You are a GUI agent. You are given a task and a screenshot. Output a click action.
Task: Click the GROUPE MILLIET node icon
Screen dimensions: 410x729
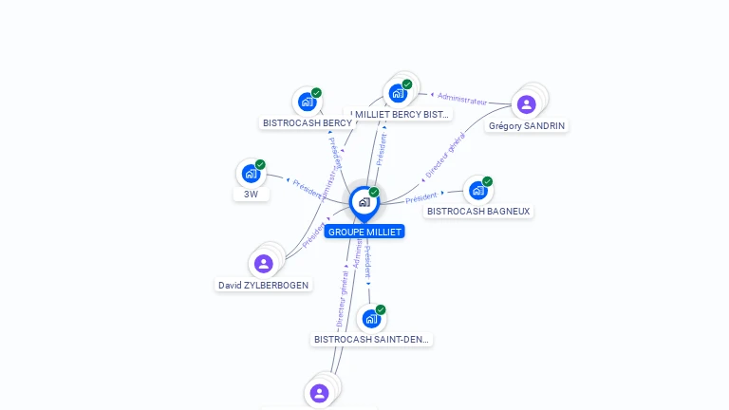(x=364, y=202)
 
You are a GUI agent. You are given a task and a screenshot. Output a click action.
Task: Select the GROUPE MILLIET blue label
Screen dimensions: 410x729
(x=364, y=232)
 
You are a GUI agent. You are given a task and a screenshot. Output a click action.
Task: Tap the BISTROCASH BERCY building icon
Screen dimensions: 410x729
(x=307, y=102)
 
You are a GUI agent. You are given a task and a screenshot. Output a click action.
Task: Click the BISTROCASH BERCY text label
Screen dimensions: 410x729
(x=308, y=122)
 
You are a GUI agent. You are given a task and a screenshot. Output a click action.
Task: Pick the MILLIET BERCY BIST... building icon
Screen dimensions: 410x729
(x=398, y=93)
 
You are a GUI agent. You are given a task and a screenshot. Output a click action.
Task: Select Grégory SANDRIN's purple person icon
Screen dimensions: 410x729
(x=527, y=104)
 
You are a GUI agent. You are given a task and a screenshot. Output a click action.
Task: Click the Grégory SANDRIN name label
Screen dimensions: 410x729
(x=527, y=125)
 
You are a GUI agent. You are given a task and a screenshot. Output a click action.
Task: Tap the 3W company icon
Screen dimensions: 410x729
(x=251, y=173)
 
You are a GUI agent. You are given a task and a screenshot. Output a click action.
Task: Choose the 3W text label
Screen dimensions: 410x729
(x=251, y=194)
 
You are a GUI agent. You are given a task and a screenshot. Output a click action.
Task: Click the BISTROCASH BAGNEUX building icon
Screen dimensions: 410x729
(x=478, y=190)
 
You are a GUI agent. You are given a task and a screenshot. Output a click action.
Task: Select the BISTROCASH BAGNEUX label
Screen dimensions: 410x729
(x=478, y=211)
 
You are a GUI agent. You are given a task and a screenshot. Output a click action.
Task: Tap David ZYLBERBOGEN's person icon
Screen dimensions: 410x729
(x=264, y=264)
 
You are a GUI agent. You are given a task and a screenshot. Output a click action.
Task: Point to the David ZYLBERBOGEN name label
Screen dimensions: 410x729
(x=264, y=285)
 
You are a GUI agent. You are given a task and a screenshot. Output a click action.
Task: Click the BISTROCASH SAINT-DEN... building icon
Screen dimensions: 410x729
(x=371, y=318)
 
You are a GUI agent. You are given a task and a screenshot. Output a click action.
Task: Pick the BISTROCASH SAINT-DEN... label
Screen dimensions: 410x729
(x=372, y=339)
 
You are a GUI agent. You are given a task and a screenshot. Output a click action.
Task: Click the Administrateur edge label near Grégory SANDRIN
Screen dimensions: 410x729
(x=462, y=99)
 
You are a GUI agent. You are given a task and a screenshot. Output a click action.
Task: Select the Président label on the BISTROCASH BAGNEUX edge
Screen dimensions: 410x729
(x=421, y=198)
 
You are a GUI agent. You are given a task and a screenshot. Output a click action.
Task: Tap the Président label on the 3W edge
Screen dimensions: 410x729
(x=308, y=187)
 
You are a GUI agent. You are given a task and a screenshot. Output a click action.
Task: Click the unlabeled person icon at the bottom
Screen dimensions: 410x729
(x=319, y=393)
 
